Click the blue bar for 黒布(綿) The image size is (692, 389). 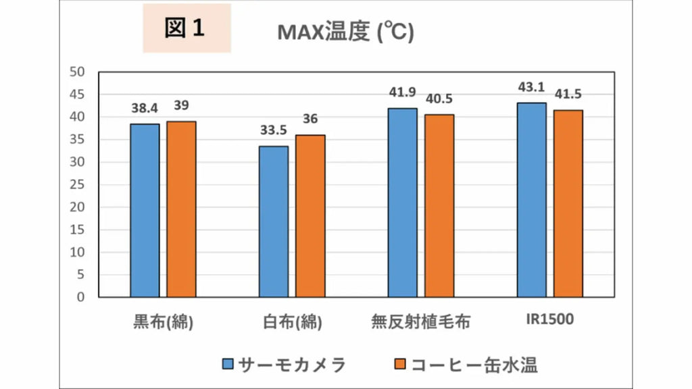click(145, 210)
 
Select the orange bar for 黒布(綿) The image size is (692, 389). click(181, 209)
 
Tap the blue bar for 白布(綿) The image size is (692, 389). click(274, 222)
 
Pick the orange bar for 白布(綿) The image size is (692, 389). click(310, 215)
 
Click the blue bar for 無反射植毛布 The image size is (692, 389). click(403, 203)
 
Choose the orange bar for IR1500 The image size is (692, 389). click(568, 203)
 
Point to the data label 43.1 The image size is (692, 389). click(531, 88)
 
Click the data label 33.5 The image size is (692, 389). click(274, 131)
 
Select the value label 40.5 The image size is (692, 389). click(439, 99)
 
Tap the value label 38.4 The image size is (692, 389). click(145, 109)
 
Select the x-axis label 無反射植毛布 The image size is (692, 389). click(420, 321)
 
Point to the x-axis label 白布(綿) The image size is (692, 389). click(292, 321)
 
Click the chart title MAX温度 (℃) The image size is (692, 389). click(345, 32)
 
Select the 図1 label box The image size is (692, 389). click(187, 28)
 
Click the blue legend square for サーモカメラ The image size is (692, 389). click(228, 365)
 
